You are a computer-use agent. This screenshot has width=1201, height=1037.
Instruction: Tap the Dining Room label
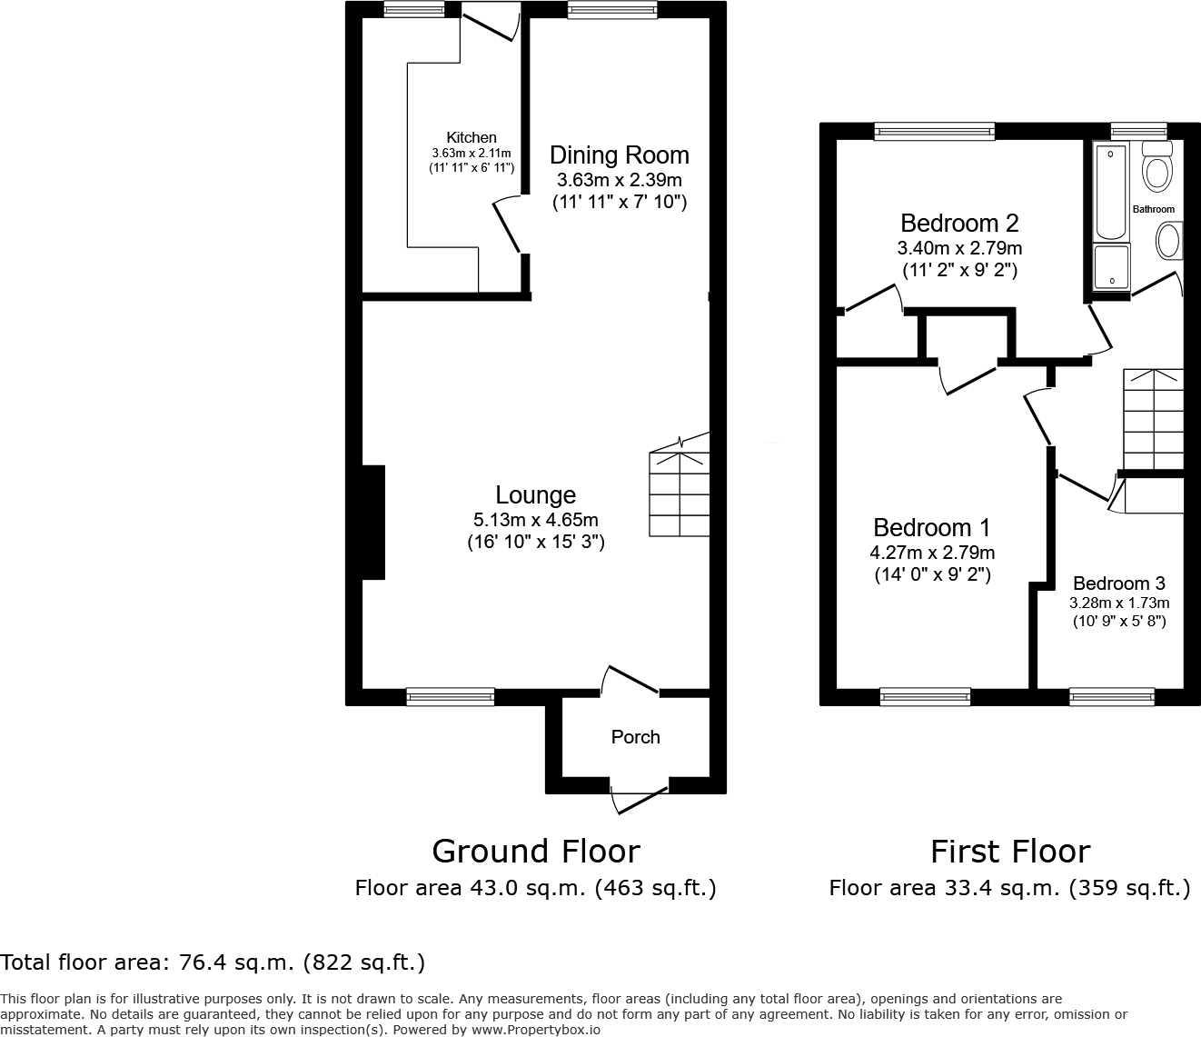coord(619,155)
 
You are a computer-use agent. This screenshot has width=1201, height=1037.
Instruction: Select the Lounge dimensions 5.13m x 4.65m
coord(535,520)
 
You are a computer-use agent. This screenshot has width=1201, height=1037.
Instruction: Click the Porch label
coord(635,737)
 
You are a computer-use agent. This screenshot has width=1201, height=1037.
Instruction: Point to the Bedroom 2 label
coord(958,223)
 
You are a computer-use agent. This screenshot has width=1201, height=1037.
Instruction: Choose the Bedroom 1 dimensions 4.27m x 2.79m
coord(931,553)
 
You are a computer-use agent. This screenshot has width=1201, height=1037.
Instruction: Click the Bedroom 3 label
coord(1118,583)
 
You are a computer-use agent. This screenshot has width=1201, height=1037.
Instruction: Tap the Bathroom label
coord(1153,209)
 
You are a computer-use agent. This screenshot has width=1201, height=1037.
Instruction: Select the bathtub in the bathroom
coord(1111,191)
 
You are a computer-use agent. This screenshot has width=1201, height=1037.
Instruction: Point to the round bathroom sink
coord(1168,242)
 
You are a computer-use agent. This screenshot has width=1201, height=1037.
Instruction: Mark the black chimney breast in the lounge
coord(372,523)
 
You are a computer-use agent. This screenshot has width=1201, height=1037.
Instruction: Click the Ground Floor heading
coord(535,852)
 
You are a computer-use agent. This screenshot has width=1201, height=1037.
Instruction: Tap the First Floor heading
coord(1009,852)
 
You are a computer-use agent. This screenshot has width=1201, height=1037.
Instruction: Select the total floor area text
coord(213,962)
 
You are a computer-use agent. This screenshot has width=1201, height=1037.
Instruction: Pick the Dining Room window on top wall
coord(612,9)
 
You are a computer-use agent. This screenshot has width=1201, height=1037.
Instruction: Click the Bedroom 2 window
coord(934,133)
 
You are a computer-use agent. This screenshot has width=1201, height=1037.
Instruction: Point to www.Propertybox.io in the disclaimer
coord(534,1030)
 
